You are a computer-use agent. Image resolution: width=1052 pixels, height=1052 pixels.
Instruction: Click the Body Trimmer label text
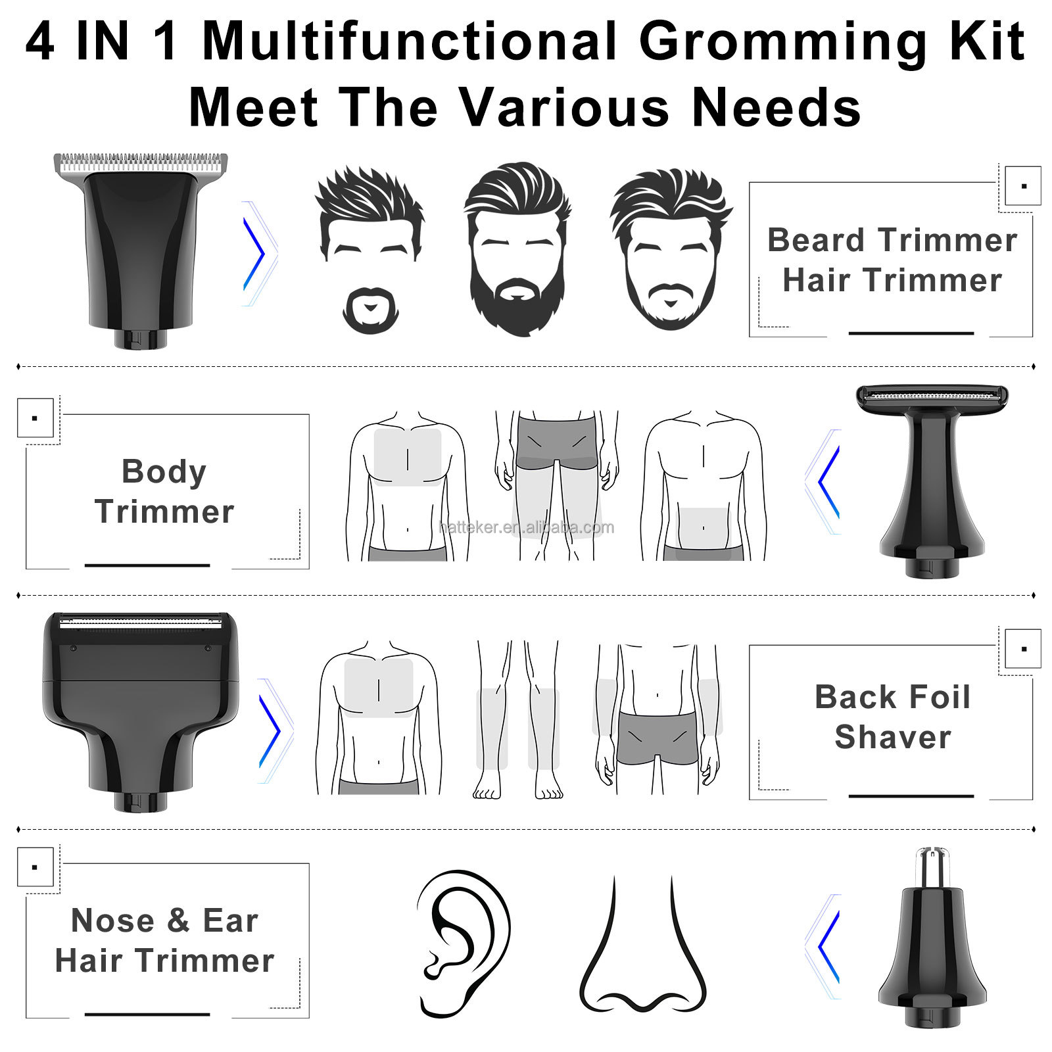[x=164, y=491]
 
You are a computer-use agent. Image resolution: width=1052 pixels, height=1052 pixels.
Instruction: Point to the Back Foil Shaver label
[x=893, y=717]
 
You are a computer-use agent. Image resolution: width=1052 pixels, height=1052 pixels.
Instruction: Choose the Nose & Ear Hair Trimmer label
[x=164, y=940]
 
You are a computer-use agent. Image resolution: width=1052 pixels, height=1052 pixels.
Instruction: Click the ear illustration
[x=463, y=944]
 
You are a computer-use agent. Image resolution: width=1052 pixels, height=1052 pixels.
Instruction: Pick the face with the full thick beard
[x=517, y=250]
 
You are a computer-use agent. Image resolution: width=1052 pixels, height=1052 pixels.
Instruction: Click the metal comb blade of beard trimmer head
[x=140, y=162]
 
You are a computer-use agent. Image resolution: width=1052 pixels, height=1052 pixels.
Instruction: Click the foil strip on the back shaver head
[x=141, y=620]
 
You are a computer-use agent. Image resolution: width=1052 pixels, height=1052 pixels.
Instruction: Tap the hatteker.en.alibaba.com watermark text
[x=526, y=527]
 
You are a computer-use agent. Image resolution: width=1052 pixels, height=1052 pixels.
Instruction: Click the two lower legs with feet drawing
[x=518, y=720]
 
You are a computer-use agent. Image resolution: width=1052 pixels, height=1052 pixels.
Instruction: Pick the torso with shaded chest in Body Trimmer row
[x=408, y=486]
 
